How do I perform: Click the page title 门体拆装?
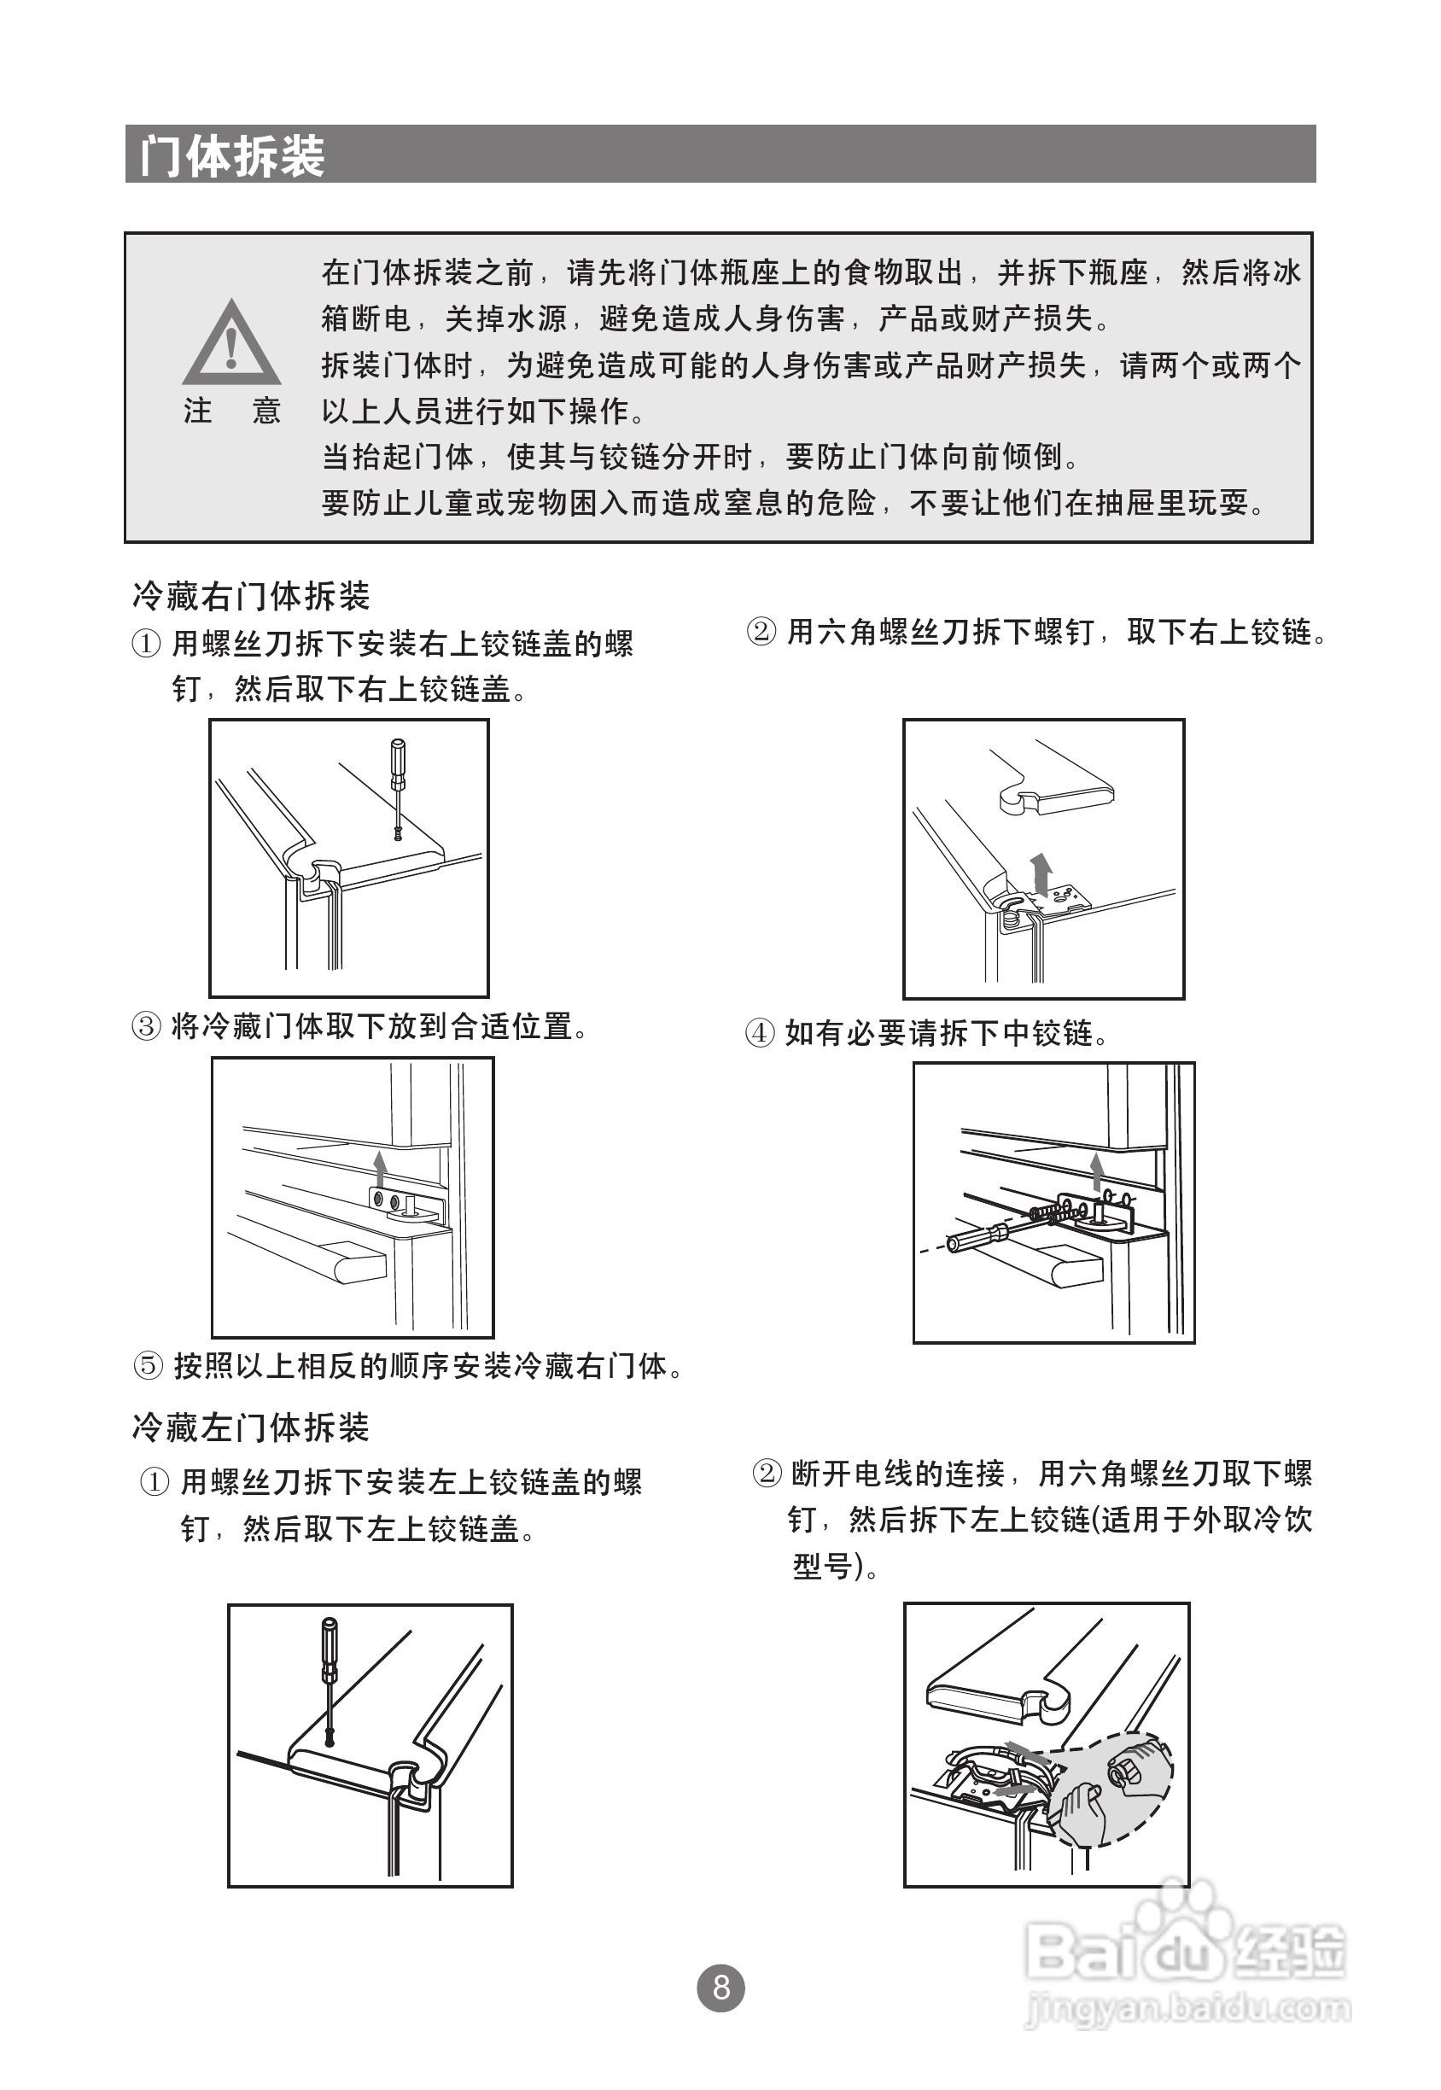[232, 155]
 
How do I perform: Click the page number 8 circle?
[720, 1987]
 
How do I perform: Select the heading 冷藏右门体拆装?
[251, 597]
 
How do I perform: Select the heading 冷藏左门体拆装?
[251, 1427]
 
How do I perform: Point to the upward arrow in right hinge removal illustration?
[1042, 871]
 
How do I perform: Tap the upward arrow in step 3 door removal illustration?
[380, 1167]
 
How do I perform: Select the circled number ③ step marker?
[146, 1026]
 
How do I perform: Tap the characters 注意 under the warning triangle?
[232, 411]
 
